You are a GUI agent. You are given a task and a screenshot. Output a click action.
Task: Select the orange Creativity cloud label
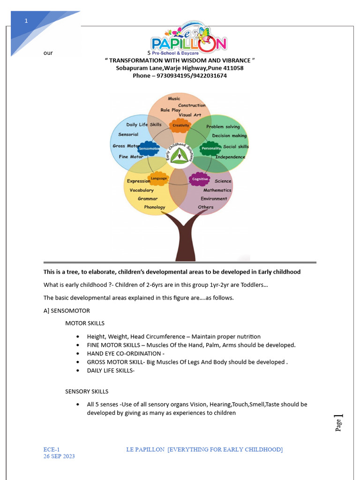point(180,125)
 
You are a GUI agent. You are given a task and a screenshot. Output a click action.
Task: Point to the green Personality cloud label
point(210,149)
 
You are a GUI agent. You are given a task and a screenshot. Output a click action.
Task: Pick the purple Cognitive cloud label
point(200,179)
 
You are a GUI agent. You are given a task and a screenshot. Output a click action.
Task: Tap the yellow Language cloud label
point(158,179)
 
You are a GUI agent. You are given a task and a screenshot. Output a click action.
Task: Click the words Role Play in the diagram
point(170,110)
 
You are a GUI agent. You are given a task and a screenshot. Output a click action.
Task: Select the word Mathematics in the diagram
point(217,190)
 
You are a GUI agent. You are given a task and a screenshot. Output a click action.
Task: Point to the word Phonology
point(155,207)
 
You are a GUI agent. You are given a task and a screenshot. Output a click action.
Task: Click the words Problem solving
point(223,127)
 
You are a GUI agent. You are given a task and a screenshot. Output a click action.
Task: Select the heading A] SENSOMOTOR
point(67,311)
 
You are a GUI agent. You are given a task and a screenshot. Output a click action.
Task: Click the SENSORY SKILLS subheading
point(87,391)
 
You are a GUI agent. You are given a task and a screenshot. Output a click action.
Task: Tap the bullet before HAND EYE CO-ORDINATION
point(78,353)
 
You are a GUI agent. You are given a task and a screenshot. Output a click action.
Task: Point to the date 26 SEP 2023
point(59,456)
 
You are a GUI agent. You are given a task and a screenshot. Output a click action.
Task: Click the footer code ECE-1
point(52,450)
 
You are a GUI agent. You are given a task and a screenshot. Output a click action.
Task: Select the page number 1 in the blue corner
point(26,21)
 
